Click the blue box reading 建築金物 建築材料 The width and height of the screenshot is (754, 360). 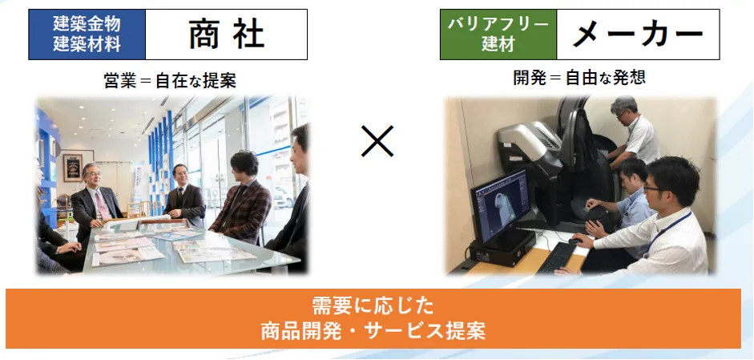tap(87, 34)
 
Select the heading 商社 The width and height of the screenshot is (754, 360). tap(227, 34)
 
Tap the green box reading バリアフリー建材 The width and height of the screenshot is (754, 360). tap(498, 34)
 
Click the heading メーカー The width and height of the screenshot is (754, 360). tap(638, 34)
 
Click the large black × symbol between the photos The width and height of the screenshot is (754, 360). tap(377, 142)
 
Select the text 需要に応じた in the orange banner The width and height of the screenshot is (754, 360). tap(373, 306)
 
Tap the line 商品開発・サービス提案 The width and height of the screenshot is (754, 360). tap(373, 330)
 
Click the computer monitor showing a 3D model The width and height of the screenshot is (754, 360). tap(500, 204)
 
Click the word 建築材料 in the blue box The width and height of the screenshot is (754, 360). tap(87, 45)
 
